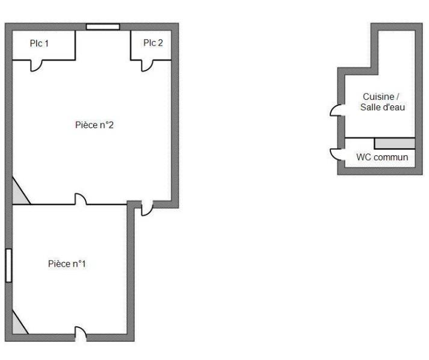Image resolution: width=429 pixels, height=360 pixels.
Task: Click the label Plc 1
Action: coord(39,43)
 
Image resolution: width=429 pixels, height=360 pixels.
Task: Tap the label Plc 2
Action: coord(153,43)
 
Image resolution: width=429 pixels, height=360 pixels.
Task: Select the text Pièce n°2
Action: coord(94,125)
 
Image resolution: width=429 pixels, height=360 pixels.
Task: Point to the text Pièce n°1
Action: coord(67,264)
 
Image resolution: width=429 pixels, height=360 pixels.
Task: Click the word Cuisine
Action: coord(378,97)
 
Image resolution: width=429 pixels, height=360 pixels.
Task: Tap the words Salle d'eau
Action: coord(383,107)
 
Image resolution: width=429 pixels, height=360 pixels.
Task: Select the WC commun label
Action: coord(382,157)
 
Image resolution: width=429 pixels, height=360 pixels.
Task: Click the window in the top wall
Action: coord(103,27)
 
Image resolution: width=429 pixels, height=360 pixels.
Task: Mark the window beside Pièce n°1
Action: coord(9,265)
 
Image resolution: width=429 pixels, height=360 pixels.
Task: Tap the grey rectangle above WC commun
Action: coord(395,143)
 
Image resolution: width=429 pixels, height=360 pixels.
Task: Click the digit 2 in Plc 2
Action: coord(160,43)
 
